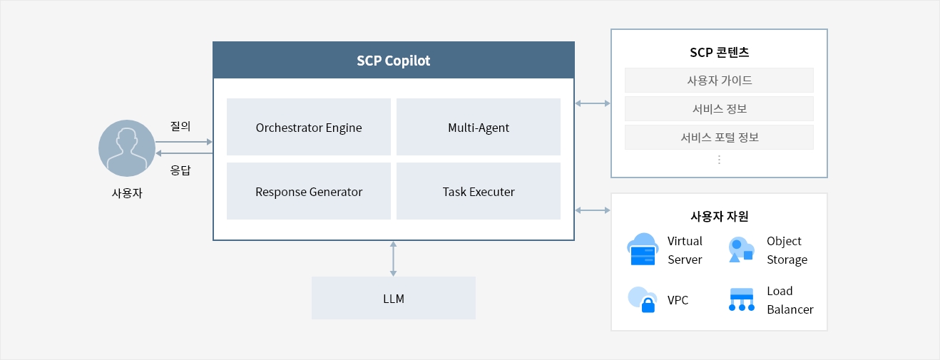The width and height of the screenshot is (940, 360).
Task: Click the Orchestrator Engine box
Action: click(x=308, y=127)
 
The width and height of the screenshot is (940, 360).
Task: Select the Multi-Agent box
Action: click(x=479, y=127)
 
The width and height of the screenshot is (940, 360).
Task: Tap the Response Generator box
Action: click(x=308, y=191)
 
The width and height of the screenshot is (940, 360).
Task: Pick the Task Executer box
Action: click(x=479, y=191)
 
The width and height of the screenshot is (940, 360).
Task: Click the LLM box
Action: click(x=394, y=298)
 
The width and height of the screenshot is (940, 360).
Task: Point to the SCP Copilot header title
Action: click(x=393, y=61)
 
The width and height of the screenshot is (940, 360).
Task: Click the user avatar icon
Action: click(x=127, y=148)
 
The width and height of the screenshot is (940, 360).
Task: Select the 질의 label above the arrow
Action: click(x=180, y=126)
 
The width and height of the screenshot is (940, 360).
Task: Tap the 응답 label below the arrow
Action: click(x=180, y=170)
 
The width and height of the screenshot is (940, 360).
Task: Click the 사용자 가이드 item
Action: click(x=720, y=80)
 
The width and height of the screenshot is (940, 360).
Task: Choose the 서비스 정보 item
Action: click(x=720, y=108)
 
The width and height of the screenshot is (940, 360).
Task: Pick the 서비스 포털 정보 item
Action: click(x=720, y=137)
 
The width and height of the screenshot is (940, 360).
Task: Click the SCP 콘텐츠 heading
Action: click(x=720, y=52)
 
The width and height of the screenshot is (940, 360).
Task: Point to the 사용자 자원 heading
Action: click(x=720, y=216)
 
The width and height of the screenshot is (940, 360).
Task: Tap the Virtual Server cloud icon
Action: click(x=643, y=250)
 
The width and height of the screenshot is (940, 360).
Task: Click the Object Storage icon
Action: click(x=742, y=250)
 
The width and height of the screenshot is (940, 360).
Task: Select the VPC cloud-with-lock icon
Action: click(x=642, y=299)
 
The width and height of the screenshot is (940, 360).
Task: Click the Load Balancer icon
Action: click(x=742, y=299)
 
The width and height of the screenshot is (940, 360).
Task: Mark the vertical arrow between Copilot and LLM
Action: click(x=393, y=259)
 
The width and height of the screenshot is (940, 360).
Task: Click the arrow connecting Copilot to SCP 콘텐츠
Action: click(x=593, y=103)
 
